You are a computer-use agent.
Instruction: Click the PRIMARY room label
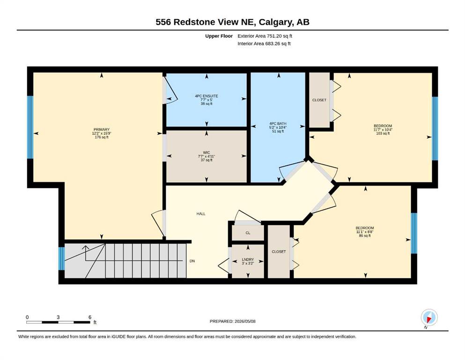(x=102, y=129)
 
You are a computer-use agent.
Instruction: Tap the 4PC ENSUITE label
(x=207, y=96)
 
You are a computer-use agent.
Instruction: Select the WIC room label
(x=207, y=152)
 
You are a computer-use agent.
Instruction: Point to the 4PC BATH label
(x=278, y=123)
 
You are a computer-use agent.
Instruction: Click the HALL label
(x=201, y=214)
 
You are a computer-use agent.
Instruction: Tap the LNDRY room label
(x=248, y=259)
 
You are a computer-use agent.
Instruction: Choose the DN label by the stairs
(x=192, y=261)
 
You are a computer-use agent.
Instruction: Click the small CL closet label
(x=248, y=232)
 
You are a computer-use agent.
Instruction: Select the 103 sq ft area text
(x=383, y=134)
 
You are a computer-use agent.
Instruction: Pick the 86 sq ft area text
(x=365, y=236)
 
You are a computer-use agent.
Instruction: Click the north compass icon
(x=429, y=317)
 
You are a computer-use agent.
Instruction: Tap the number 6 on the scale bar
(x=90, y=317)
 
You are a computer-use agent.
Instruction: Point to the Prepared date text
(x=232, y=321)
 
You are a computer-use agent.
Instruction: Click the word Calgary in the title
(x=275, y=22)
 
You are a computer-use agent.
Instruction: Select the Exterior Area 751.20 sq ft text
(x=265, y=36)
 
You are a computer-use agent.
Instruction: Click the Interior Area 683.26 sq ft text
(x=264, y=44)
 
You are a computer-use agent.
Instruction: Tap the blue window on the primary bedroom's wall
(x=30, y=127)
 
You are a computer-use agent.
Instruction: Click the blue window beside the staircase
(x=61, y=258)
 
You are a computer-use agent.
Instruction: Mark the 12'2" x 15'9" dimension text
(x=102, y=133)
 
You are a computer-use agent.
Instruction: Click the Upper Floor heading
(x=219, y=36)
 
